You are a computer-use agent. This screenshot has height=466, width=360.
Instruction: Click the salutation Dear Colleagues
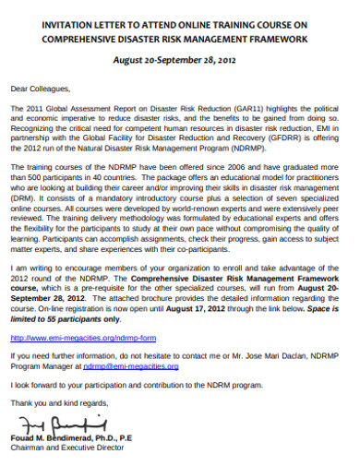[x=40, y=90]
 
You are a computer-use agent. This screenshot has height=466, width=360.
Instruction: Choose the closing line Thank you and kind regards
[x=54, y=404]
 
